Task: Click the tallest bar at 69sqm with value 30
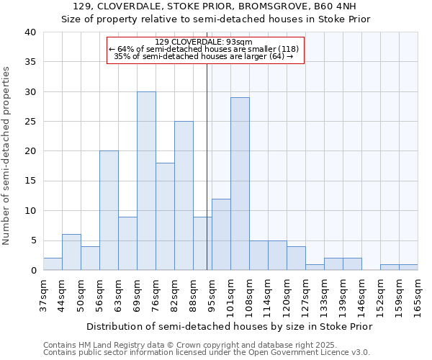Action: click(146, 181)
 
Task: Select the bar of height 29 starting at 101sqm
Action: click(240, 184)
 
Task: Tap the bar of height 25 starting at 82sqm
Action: click(184, 196)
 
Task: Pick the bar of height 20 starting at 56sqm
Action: click(109, 211)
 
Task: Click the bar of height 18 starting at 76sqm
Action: click(165, 217)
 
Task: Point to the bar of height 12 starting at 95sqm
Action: click(221, 235)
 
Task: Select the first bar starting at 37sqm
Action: click(53, 264)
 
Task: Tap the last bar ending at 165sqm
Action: click(408, 267)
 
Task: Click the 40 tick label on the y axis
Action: click(30, 32)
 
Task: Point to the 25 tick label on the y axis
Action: click(30, 122)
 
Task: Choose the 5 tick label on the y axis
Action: click(32, 240)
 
